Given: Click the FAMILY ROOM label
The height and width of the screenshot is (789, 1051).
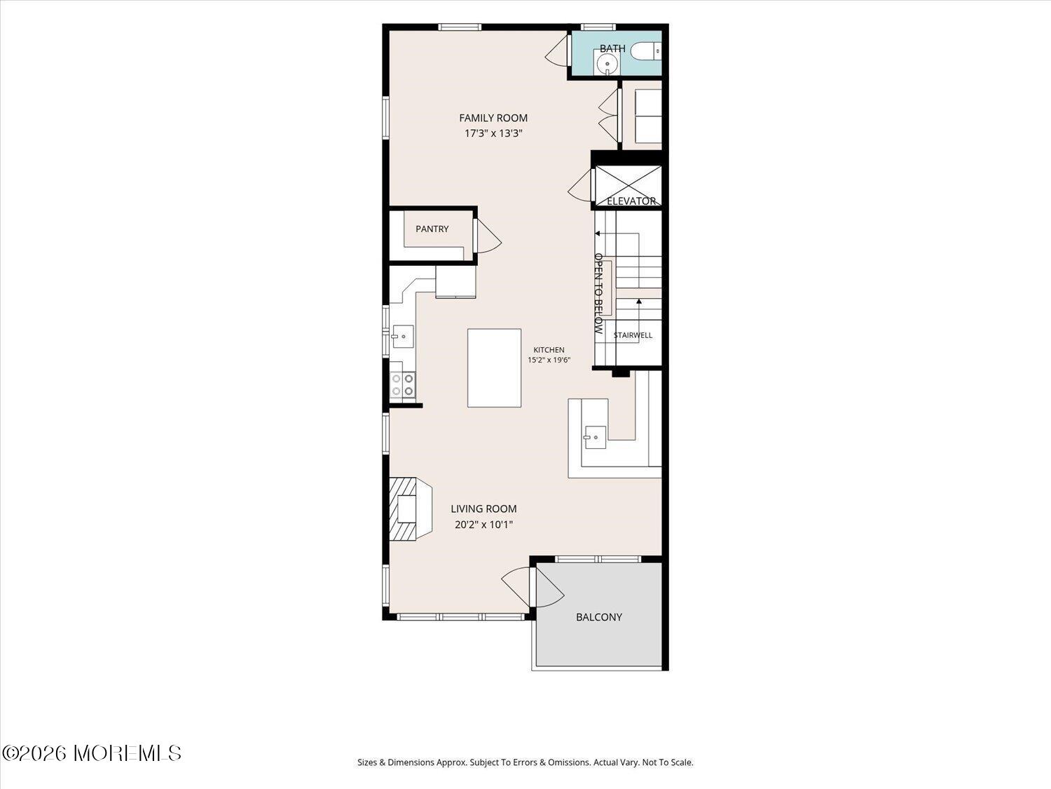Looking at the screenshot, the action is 493,118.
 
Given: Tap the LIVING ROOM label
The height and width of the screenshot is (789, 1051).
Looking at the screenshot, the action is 483,508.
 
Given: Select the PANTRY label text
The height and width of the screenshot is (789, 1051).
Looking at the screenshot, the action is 432,229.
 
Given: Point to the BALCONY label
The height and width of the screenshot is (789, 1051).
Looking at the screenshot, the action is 599,617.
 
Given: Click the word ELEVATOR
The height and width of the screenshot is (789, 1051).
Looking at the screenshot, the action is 631,201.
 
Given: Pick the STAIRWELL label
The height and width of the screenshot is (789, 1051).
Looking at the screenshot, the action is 633,335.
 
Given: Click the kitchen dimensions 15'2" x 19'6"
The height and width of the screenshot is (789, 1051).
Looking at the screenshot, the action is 549,360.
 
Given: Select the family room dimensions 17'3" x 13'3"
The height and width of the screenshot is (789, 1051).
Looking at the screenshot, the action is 493,133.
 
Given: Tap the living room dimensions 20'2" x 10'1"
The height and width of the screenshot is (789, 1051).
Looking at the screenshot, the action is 483,525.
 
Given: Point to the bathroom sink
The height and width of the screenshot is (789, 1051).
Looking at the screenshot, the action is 607,62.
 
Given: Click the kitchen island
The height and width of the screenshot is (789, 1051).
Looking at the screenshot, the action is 494,368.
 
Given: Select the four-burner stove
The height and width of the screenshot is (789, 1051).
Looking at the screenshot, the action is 402,385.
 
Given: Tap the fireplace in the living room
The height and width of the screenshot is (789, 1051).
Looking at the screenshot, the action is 411,508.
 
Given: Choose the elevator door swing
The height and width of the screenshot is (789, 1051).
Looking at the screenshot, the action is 579,185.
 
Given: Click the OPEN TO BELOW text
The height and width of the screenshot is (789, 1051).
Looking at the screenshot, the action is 598,293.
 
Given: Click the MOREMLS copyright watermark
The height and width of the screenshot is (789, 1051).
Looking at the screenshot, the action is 92,753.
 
